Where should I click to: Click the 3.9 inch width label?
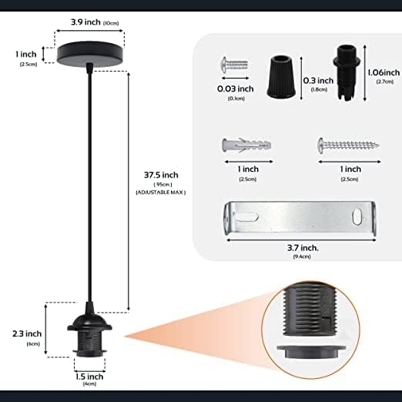85,22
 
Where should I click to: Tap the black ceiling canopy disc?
89,54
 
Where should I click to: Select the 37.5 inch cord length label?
161,175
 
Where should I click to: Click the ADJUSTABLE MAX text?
160,193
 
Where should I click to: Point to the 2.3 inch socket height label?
27,333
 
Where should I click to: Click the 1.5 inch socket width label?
89,377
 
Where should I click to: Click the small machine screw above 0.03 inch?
234,65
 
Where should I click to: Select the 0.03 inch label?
236,89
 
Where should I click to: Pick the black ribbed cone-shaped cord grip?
281,76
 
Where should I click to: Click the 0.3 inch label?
318,81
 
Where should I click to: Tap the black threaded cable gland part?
347,74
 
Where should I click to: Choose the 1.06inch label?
384,72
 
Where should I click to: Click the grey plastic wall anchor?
246,146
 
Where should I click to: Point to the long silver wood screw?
348,146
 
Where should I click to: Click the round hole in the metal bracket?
357,217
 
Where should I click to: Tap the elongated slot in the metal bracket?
246,216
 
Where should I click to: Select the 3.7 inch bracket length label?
303,248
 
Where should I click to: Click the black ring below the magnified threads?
311,351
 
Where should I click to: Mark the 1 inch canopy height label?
26,55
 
